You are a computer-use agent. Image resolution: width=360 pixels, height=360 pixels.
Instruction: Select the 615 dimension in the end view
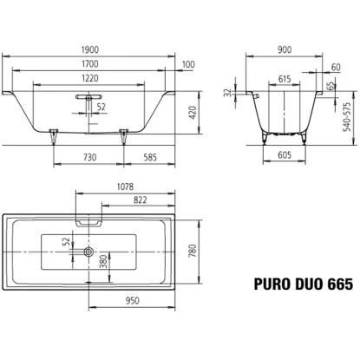point(285,78)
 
